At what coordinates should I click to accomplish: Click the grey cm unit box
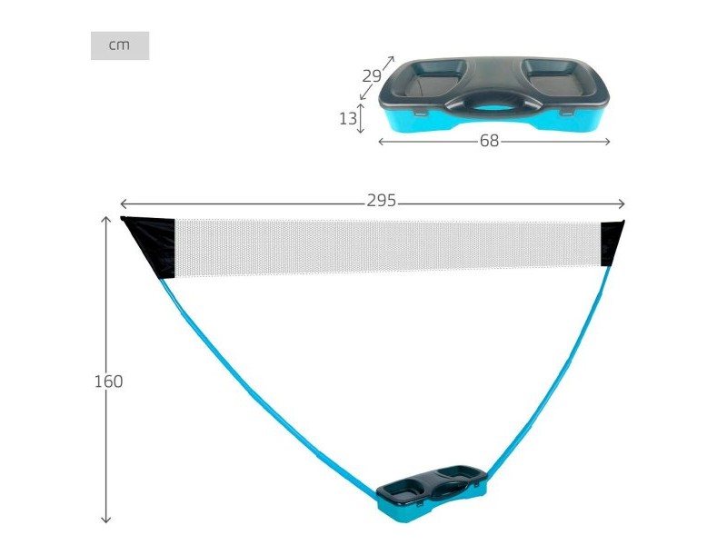click(120, 45)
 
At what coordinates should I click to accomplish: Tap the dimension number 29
click(372, 76)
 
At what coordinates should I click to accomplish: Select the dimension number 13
click(348, 119)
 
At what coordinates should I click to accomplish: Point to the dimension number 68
click(489, 141)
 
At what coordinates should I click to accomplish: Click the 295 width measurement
click(381, 201)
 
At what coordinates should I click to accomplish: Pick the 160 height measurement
click(108, 381)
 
